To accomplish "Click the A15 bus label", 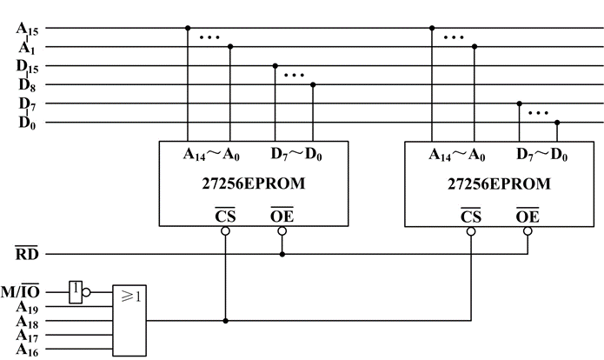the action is pyautogui.click(x=27, y=29).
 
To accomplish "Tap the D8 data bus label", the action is pyautogui.click(x=27, y=85).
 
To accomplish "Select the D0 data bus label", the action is pyautogui.click(x=27, y=123).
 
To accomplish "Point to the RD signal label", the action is pyautogui.click(x=27, y=253).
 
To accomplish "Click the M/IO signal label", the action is pyautogui.click(x=20, y=291).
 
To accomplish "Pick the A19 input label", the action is pyautogui.click(x=27, y=308).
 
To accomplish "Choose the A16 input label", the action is pyautogui.click(x=27, y=350).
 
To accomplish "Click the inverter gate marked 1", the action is pyautogui.click(x=76, y=292).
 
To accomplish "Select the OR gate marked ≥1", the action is pyautogui.click(x=129, y=320).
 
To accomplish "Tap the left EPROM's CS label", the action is pyautogui.click(x=225, y=215).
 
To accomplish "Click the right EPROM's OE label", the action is pyautogui.click(x=528, y=216).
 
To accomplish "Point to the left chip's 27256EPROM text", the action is pyautogui.click(x=254, y=183).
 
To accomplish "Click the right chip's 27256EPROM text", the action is pyautogui.click(x=499, y=183).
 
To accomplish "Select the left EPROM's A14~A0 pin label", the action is pyautogui.click(x=211, y=155).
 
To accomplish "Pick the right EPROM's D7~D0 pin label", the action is pyautogui.click(x=541, y=155).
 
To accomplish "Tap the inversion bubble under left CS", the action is pyautogui.click(x=225, y=231).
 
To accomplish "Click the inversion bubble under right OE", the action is pyautogui.click(x=528, y=231).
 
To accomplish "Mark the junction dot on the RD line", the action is pyautogui.click(x=282, y=255).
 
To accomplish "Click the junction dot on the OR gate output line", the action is pyautogui.click(x=226, y=321).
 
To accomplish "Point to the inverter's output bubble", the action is pyautogui.click(x=86, y=292).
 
